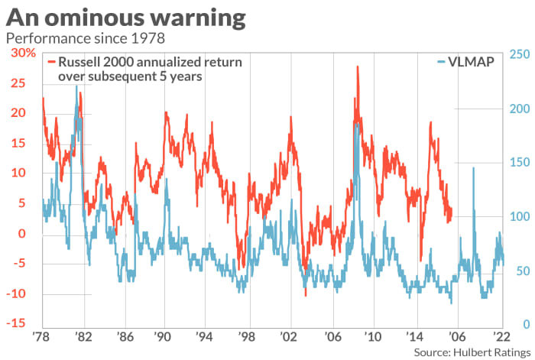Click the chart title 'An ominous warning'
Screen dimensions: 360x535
[x=126, y=17]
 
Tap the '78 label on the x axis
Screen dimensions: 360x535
[x=43, y=336]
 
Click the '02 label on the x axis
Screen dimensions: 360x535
[x=289, y=336]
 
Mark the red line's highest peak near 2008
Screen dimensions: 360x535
[x=358, y=67]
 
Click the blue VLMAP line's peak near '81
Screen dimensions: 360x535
[x=76, y=86]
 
